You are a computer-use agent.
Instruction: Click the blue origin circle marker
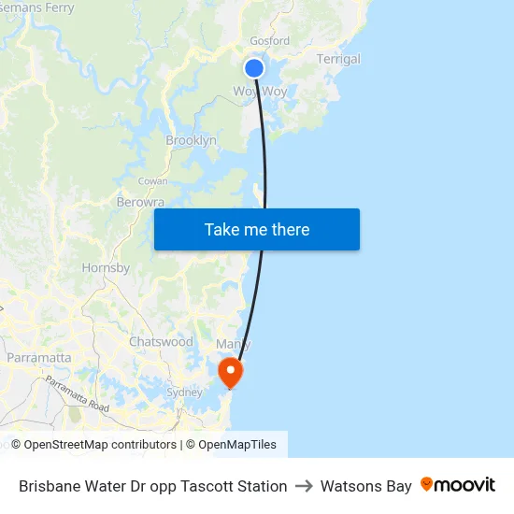254,68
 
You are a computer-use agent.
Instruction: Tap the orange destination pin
229,372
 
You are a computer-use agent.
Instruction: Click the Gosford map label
269,41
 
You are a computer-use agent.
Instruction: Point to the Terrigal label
338,59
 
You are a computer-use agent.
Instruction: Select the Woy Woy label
260,92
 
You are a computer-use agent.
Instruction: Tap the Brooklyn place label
191,140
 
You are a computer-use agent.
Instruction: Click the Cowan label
152,181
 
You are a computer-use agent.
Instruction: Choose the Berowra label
140,202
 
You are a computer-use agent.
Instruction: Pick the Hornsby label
106,267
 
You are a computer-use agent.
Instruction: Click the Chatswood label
161,342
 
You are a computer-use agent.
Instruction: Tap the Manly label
233,344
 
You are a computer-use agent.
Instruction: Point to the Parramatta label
38,357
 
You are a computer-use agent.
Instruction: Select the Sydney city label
184,393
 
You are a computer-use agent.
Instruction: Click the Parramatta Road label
77,394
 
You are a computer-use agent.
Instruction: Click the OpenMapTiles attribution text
237,445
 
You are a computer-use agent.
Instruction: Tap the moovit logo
458,485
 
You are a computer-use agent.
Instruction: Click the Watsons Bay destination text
365,486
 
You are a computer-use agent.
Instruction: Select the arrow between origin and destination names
304,486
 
